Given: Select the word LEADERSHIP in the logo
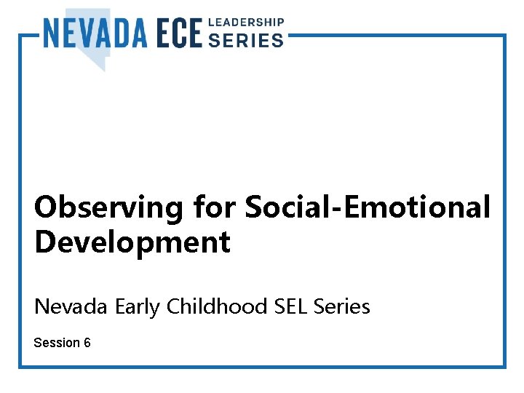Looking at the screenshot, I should point(246,23).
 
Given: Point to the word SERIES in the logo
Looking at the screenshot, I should point(246,41).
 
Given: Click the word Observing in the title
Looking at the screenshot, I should point(109,207).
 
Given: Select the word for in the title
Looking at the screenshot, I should point(214,207).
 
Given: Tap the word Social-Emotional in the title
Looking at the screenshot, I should point(368,207).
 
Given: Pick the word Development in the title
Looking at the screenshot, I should point(132,242).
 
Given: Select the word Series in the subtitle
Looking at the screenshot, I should point(342,307).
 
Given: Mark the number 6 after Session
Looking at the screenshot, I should point(87,342).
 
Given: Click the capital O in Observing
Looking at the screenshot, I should point(47,207).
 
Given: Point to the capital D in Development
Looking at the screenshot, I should point(45,242).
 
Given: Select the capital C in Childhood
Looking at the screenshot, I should point(173,307).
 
